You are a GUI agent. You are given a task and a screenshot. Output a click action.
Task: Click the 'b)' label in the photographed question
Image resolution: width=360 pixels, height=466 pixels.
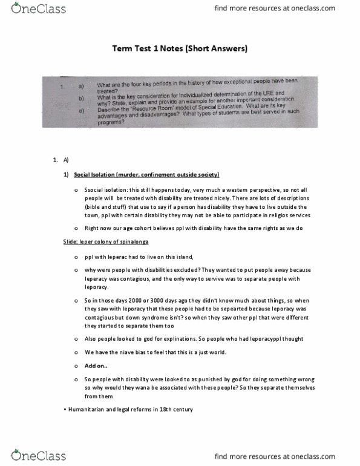click(80, 99)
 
